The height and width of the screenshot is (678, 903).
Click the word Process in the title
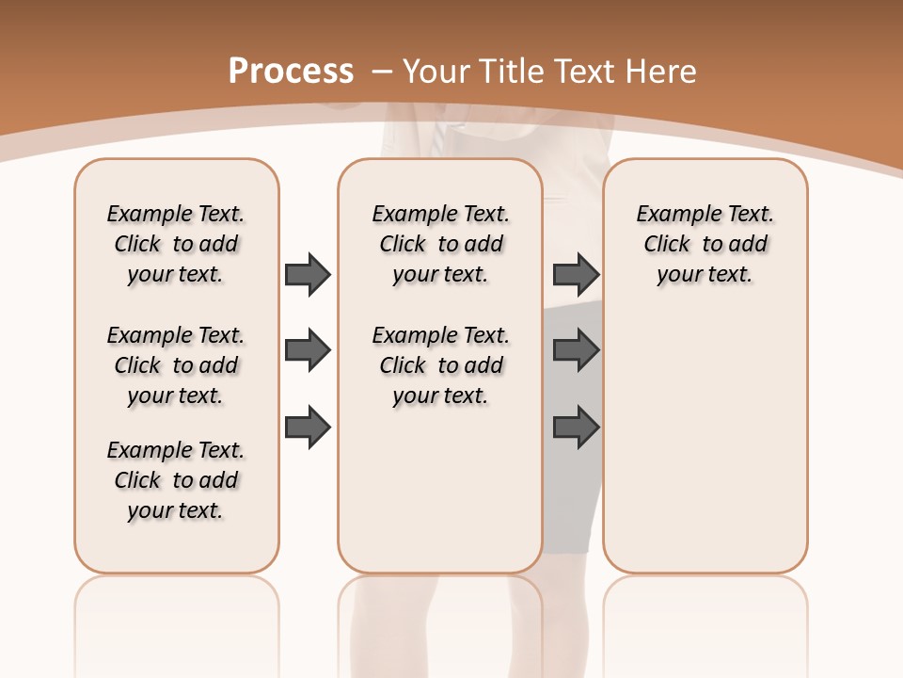[x=291, y=71]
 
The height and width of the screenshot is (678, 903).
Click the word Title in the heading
[x=514, y=72]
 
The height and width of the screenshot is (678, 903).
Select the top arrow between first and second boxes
[x=308, y=274]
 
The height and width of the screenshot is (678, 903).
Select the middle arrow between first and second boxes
[x=308, y=350]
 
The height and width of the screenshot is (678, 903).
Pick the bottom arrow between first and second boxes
[x=308, y=427]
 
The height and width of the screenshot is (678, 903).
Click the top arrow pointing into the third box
[x=576, y=274]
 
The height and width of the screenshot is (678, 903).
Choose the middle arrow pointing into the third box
[x=576, y=350]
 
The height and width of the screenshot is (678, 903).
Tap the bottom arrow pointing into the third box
[x=576, y=427]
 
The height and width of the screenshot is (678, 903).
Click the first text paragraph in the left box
[x=176, y=244]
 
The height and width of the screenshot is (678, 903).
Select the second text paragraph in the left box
[x=176, y=365]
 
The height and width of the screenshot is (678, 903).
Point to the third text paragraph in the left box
[x=176, y=480]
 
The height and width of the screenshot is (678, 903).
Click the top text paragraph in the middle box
[x=440, y=244]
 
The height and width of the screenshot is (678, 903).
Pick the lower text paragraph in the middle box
[x=440, y=365]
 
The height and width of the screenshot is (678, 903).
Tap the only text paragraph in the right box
[x=705, y=244]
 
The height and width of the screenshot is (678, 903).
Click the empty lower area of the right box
[x=705, y=443]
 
